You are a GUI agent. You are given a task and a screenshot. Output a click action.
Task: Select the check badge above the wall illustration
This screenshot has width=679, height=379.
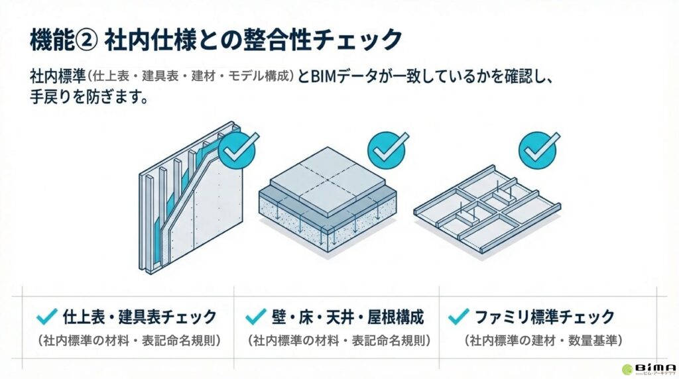coord(236,150)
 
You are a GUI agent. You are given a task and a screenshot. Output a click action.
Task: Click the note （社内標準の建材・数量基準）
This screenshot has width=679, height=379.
coord(543,341)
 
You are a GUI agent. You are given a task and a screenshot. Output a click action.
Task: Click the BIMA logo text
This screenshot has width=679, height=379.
coord(656,366)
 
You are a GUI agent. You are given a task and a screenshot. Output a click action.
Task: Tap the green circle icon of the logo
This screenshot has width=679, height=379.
coord(627,369)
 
